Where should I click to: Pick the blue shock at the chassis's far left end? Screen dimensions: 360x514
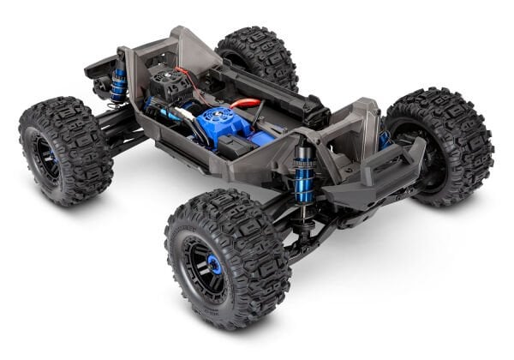[x=118, y=85]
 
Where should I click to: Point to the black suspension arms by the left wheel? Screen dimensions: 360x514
[x=119, y=129]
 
